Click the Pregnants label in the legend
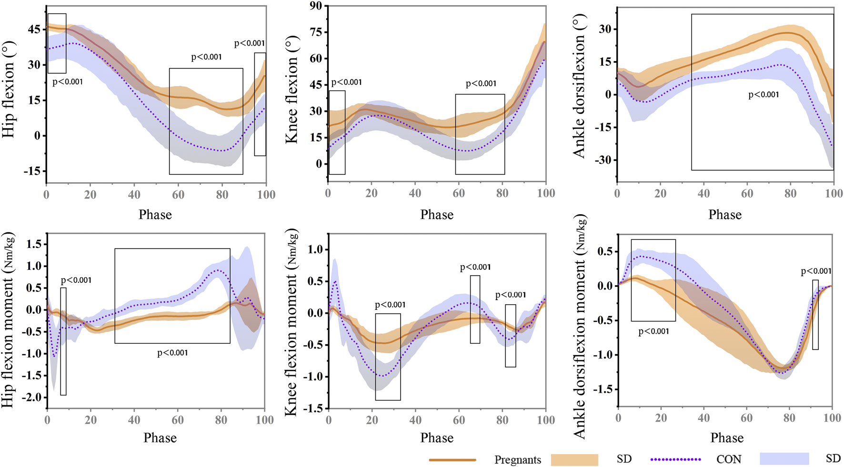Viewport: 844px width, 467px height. point(517,460)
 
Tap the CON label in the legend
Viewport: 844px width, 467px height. point(729,459)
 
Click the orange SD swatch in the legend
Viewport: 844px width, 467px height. point(574,459)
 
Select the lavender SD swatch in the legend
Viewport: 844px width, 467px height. point(784,459)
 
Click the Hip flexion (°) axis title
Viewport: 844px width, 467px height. point(9,89)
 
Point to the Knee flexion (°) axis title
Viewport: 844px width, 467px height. point(291,89)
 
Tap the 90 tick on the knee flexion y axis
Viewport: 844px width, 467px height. point(316,6)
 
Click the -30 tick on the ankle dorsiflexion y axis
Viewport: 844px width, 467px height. point(603,160)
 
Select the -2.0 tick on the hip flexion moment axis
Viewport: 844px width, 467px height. point(34,397)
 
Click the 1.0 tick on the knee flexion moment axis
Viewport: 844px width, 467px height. point(315,249)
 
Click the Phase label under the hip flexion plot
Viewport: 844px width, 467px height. point(155,215)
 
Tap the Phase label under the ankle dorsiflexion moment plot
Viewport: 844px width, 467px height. point(727,438)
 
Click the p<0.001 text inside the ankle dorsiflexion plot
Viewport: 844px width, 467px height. point(764,95)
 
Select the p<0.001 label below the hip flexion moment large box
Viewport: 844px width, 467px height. point(172,353)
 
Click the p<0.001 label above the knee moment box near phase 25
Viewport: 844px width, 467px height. point(390,305)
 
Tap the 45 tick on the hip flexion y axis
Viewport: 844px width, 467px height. point(34,30)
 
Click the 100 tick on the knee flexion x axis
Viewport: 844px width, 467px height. point(546,193)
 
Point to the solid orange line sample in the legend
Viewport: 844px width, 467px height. point(452,460)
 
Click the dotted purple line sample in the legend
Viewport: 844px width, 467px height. point(675,459)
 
